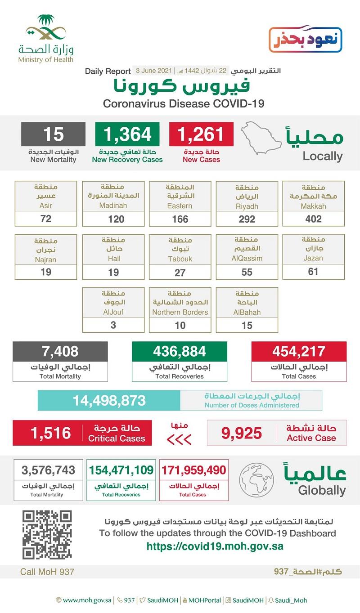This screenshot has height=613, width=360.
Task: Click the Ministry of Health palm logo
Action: (x=46, y=30)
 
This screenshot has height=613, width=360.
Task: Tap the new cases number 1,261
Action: (x=201, y=134)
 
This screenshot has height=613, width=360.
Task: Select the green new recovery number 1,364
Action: (x=127, y=134)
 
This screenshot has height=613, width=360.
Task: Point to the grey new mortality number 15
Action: (x=53, y=134)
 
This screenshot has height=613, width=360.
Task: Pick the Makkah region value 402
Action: (x=313, y=219)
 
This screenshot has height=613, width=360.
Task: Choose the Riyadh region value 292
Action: (x=247, y=219)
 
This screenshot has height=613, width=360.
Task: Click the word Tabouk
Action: (x=180, y=259)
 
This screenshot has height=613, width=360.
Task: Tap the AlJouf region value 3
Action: (x=113, y=325)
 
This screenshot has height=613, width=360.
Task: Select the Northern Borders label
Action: (x=180, y=312)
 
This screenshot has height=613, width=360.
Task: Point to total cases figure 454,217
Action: (x=299, y=351)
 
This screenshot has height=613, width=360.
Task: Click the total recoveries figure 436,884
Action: (x=180, y=351)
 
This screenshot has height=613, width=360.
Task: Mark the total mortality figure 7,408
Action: (x=60, y=351)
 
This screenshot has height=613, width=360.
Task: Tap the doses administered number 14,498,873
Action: (x=109, y=400)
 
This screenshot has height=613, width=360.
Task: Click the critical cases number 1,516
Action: (x=51, y=433)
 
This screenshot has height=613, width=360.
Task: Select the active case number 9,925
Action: (x=242, y=433)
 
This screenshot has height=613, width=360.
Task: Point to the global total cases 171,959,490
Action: (x=193, y=470)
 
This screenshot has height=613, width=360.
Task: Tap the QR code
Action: (x=47, y=534)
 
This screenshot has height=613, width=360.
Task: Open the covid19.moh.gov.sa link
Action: (x=215, y=546)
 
